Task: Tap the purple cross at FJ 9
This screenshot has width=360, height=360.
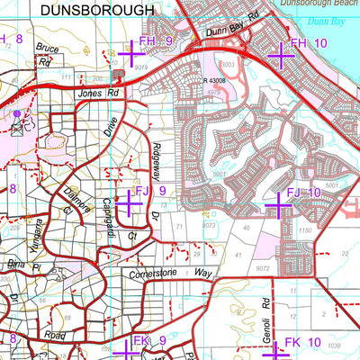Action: (128, 203)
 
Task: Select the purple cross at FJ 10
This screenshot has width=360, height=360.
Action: (278, 207)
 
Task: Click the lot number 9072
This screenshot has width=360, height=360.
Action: (263, 268)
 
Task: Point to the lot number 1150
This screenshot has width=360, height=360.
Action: (304, 231)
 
